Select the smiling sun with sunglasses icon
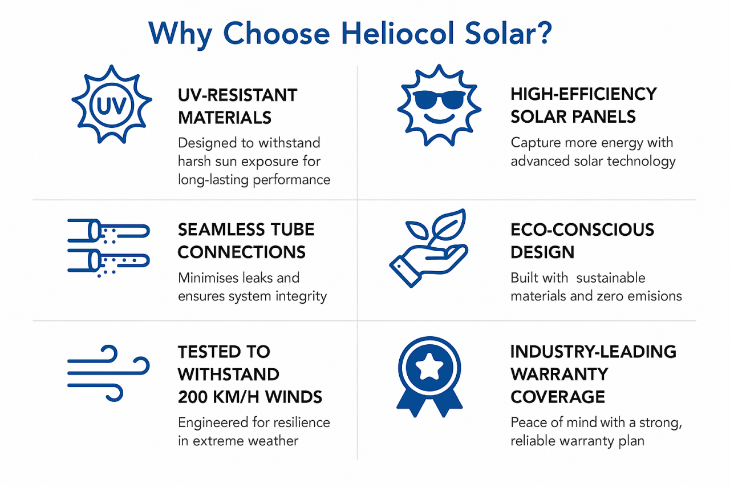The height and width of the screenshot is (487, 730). (439, 104)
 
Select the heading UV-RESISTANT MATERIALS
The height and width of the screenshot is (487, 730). (237, 106)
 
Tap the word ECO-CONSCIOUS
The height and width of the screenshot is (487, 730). (582, 230)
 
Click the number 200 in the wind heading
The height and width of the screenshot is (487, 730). (192, 397)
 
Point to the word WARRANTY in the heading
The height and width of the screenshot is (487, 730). (559, 374)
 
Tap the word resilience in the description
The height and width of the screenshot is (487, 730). (297, 422)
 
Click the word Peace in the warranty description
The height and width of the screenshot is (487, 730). (528, 423)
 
